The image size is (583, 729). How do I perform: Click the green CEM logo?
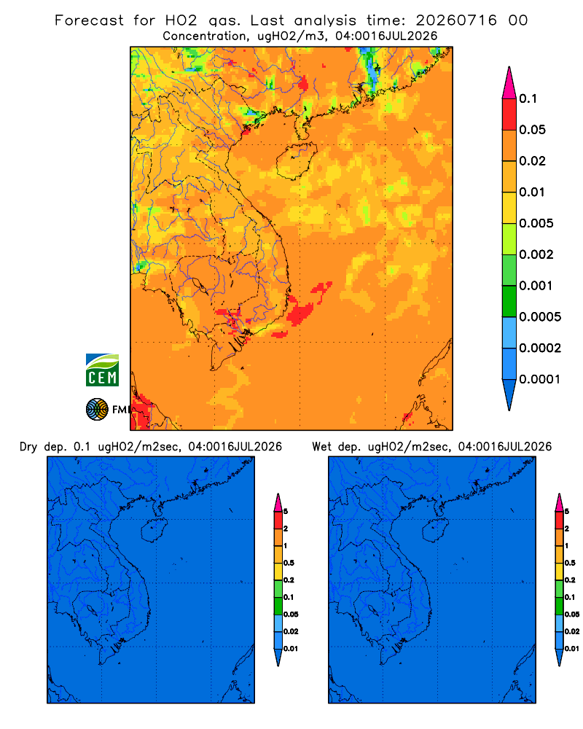click(x=102, y=370)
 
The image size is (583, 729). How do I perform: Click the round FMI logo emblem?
click(x=97, y=410)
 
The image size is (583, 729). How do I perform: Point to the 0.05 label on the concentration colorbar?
click(x=532, y=130)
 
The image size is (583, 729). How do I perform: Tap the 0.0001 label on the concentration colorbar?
click(x=539, y=379)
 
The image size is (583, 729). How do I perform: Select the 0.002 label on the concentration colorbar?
click(x=536, y=254)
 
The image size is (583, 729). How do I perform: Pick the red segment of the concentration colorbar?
click(x=509, y=114)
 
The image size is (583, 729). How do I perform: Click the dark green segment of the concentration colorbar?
click(x=509, y=301)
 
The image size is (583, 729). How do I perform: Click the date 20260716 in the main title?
click(x=456, y=20)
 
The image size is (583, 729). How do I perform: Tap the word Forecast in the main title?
click(x=89, y=20)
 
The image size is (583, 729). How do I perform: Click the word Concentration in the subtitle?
click(x=205, y=36)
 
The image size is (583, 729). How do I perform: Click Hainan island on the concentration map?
click(x=296, y=161)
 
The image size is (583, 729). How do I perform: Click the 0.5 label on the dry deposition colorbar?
click(x=289, y=563)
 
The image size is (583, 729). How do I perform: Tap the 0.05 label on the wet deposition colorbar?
click(x=572, y=615)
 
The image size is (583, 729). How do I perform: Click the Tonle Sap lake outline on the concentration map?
click(x=198, y=284)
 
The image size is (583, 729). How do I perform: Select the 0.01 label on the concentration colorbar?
click(x=532, y=192)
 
